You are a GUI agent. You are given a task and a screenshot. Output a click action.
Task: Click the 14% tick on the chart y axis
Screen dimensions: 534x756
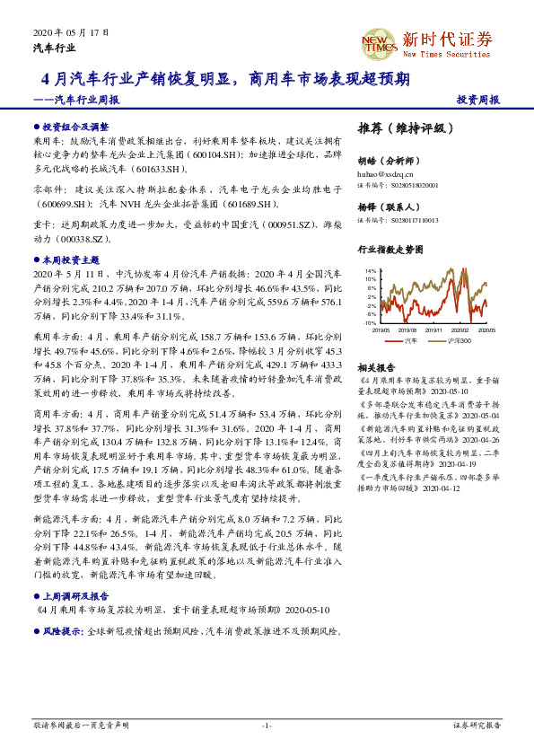(370, 270)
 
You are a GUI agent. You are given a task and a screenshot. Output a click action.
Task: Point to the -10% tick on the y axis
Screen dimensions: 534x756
(369, 323)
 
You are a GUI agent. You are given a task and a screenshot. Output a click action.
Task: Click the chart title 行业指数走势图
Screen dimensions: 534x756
(391, 248)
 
